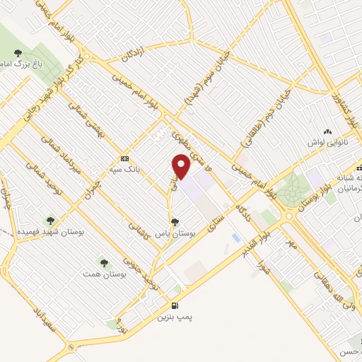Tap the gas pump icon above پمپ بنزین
174,305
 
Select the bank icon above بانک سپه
124,158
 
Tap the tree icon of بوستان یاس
175,222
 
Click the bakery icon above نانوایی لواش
327,132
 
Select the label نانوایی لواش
330,144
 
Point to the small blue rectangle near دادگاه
235,238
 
